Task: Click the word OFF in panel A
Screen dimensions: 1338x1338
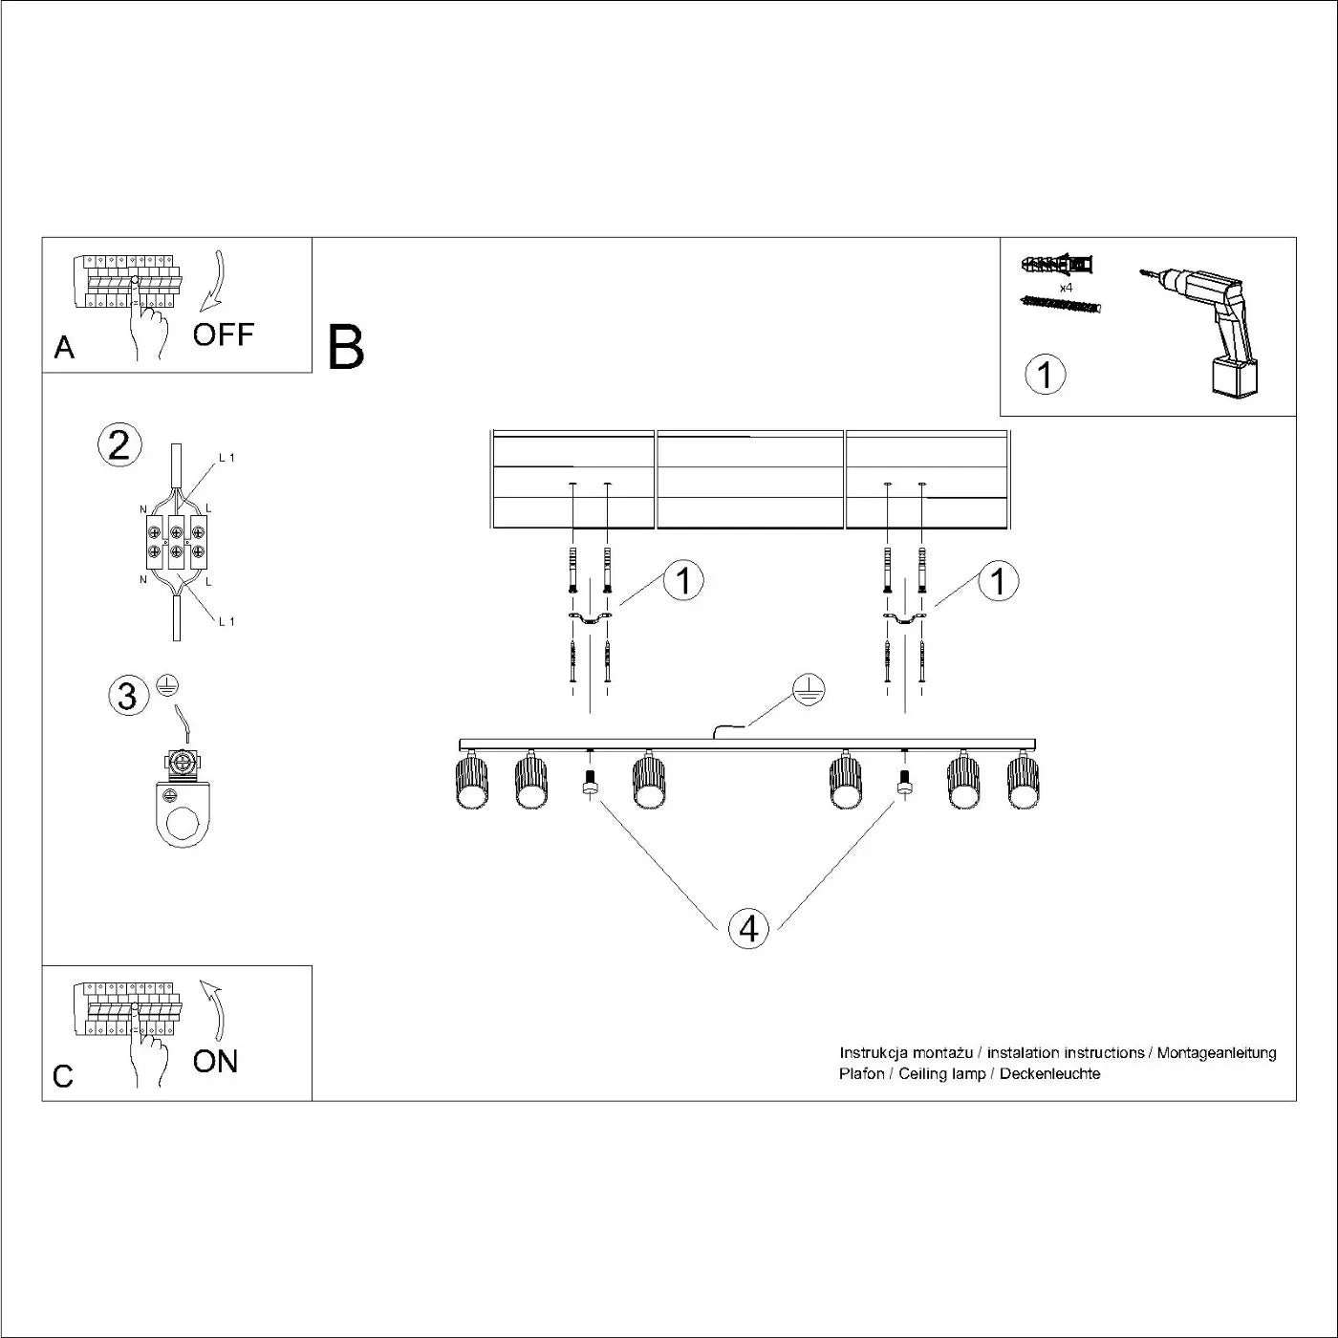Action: (224, 334)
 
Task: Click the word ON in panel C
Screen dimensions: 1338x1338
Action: (215, 1061)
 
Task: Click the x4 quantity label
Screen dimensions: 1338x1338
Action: (1066, 287)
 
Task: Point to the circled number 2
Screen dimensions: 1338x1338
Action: (119, 446)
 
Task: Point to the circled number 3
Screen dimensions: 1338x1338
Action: (128, 695)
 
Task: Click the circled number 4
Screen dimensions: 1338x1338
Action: (748, 928)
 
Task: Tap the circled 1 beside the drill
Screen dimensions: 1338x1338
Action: (1045, 375)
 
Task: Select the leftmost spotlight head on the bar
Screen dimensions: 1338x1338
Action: (472, 782)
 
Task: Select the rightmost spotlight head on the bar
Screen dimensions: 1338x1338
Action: (1023, 782)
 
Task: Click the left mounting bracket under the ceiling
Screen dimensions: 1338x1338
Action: (590, 622)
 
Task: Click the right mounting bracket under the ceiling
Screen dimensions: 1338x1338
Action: (904, 622)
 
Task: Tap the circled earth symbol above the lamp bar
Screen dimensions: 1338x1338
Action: (809, 690)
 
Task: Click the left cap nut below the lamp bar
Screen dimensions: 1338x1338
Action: (590, 785)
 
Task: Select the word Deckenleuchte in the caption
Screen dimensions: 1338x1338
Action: (1049, 1074)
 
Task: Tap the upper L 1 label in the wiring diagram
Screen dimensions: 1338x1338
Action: (227, 458)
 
